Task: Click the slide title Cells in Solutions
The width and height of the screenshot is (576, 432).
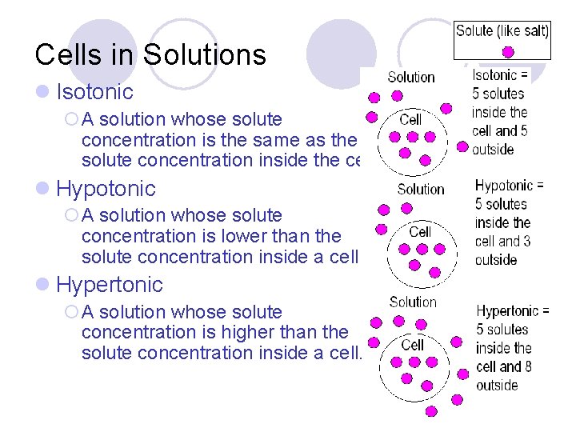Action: (150, 54)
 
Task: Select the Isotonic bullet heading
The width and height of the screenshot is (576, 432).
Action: (94, 92)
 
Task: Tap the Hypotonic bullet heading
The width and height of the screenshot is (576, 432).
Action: (106, 189)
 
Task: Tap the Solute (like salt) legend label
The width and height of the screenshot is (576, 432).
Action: (502, 31)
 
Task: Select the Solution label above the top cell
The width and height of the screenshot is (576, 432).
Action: (411, 78)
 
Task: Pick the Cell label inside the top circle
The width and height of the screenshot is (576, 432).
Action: (410, 119)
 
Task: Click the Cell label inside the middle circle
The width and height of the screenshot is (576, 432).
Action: (420, 231)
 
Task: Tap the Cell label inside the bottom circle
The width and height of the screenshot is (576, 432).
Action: (412, 344)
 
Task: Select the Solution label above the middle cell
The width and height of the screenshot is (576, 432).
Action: (421, 190)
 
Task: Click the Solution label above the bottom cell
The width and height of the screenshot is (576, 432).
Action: (413, 302)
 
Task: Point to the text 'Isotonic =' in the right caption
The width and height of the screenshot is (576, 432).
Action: (500, 76)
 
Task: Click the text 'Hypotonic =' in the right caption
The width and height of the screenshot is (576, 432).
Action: (509, 186)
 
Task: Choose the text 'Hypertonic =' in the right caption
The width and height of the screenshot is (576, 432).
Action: (513, 311)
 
